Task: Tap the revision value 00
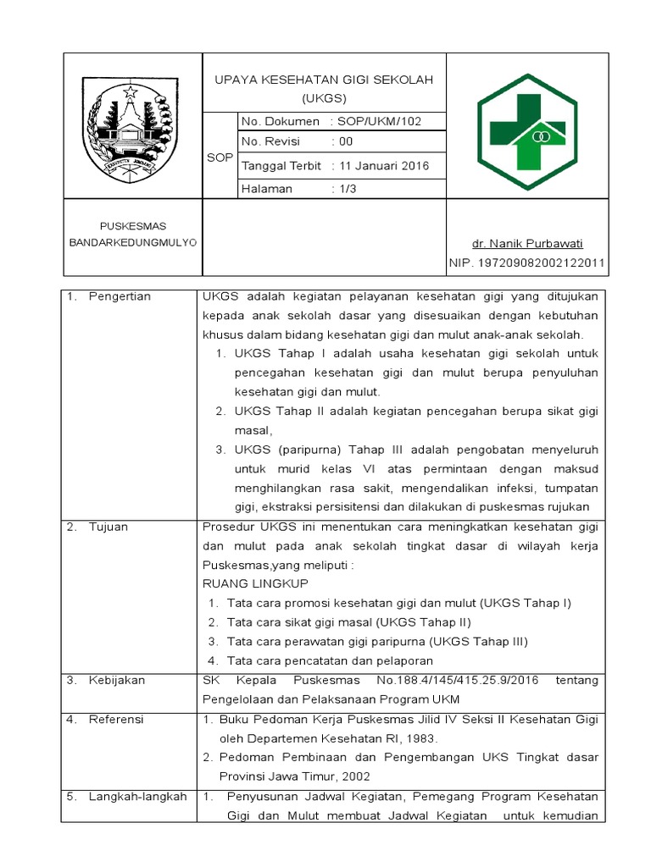(346, 141)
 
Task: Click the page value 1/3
(348, 189)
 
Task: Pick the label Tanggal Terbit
(281, 165)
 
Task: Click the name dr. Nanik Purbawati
(527, 243)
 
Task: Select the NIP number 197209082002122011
(526, 263)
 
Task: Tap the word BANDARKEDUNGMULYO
(133, 242)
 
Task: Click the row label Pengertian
(120, 296)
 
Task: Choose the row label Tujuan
(108, 527)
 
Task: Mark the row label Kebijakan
(117, 681)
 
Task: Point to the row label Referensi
(116, 719)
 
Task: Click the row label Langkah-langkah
(137, 796)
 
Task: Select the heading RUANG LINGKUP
(255, 583)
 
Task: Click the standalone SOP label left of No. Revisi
(220, 157)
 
